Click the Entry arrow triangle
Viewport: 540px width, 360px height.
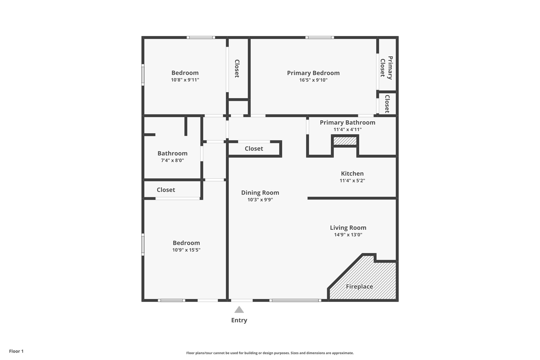pyautogui.click(x=239, y=310)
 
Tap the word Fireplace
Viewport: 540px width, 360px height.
pyautogui.click(x=359, y=286)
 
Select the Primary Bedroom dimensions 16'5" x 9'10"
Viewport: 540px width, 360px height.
pyautogui.click(x=313, y=80)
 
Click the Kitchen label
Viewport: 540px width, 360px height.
pyautogui.click(x=352, y=173)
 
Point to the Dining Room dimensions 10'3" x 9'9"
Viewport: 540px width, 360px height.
pyautogui.click(x=260, y=200)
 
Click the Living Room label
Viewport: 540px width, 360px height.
pyautogui.click(x=348, y=228)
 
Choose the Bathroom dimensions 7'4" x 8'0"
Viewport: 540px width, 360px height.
pyautogui.click(x=172, y=160)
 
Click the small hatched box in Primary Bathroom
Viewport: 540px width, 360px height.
pyautogui.click(x=345, y=141)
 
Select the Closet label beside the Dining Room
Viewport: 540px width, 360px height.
pyautogui.click(x=254, y=149)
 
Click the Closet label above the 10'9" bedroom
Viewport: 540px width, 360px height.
pyautogui.click(x=166, y=190)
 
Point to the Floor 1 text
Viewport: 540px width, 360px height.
pyautogui.click(x=16, y=351)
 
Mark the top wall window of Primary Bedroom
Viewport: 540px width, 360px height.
pyautogui.click(x=319, y=38)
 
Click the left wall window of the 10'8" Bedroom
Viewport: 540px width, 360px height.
pyautogui.click(x=143, y=75)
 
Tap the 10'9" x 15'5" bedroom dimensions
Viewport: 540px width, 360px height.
pyautogui.click(x=186, y=250)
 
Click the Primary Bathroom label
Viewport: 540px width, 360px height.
pyautogui.click(x=347, y=123)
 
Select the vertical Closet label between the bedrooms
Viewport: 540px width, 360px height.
pyautogui.click(x=237, y=68)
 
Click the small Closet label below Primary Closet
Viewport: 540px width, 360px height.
pyautogui.click(x=387, y=104)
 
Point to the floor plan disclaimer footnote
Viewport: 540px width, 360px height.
pyautogui.click(x=270, y=353)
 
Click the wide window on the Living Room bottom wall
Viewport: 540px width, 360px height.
pyautogui.click(x=295, y=300)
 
